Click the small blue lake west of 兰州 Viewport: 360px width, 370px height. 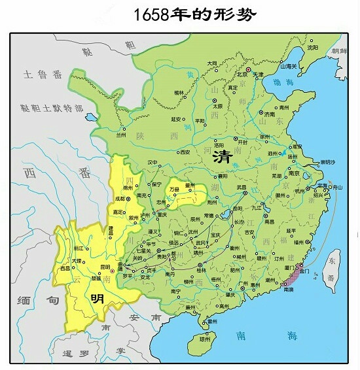pyautogui.click(x=89, y=118)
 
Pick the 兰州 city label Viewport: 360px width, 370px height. pyautogui.click(x=120, y=135)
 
